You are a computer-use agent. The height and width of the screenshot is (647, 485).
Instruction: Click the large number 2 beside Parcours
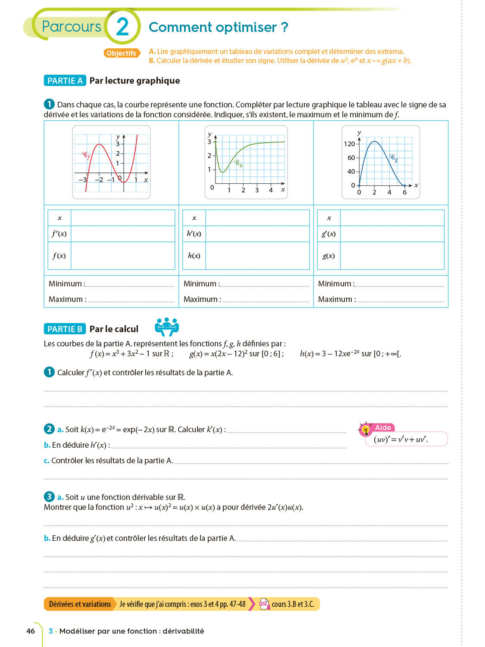coord(122,27)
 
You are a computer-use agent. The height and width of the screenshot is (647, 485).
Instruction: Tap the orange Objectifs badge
coord(122,53)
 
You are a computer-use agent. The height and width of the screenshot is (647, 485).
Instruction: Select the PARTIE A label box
coord(65,81)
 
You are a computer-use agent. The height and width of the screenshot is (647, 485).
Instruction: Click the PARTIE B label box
coord(65,329)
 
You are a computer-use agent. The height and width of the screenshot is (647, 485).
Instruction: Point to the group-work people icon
coord(167,327)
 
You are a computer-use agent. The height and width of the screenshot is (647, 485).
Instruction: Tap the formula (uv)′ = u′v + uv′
coord(401,440)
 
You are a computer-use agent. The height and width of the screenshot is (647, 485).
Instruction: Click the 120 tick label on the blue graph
coord(349,144)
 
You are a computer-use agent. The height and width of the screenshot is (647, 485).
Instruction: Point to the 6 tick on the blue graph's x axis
coord(404,192)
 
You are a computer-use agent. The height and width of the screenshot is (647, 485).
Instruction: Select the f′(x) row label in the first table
coord(59,234)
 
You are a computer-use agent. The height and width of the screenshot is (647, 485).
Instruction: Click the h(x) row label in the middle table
coord(194,256)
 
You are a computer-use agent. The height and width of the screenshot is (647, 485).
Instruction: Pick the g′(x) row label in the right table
coord(329,234)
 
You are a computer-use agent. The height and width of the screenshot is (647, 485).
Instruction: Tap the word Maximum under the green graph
coord(200,299)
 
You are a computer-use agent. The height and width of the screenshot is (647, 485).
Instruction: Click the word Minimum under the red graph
coord(65,284)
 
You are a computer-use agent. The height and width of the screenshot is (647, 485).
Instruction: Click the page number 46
coord(31,631)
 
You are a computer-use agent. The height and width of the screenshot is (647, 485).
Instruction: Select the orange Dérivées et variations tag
coord(80,604)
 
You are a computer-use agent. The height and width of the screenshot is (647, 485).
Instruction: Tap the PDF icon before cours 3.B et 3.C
coord(264,604)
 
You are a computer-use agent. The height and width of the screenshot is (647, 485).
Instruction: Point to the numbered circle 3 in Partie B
coord(49,497)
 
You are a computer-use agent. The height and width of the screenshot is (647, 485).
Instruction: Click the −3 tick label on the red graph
coord(83,180)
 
